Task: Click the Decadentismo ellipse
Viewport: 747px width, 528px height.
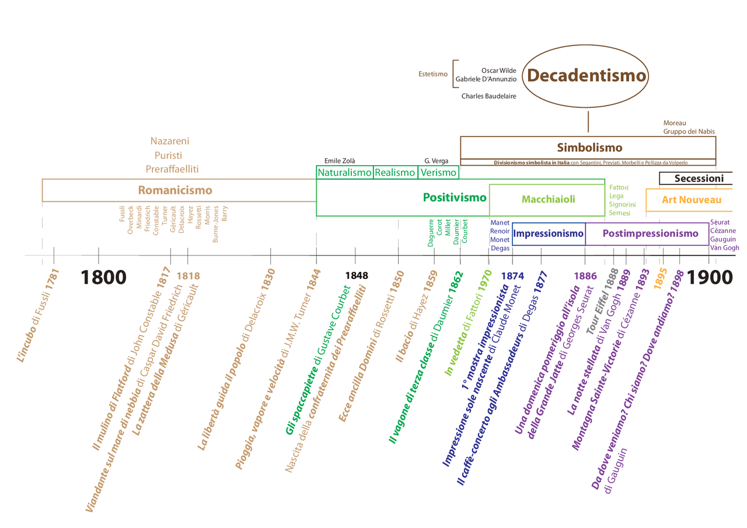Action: tap(587, 76)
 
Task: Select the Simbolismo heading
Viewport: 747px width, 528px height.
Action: tap(589, 148)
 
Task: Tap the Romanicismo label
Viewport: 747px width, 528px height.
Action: tap(175, 190)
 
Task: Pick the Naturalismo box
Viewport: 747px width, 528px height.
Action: tap(344, 172)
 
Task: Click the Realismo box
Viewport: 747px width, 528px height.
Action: tap(395, 172)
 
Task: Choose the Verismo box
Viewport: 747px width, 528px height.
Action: tap(438, 172)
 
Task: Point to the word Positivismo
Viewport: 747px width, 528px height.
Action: tap(455, 197)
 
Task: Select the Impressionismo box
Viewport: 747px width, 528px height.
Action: tap(548, 234)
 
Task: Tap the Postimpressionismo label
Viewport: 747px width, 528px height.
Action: tap(650, 234)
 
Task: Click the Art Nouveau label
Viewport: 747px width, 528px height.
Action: tap(692, 200)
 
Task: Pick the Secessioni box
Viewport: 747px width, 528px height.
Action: tap(699, 179)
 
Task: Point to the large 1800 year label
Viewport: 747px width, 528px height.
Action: tap(104, 277)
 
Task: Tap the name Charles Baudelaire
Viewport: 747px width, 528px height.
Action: tap(488, 96)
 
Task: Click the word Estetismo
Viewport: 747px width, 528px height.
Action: tap(433, 74)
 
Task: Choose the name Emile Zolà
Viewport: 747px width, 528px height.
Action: tap(340, 160)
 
